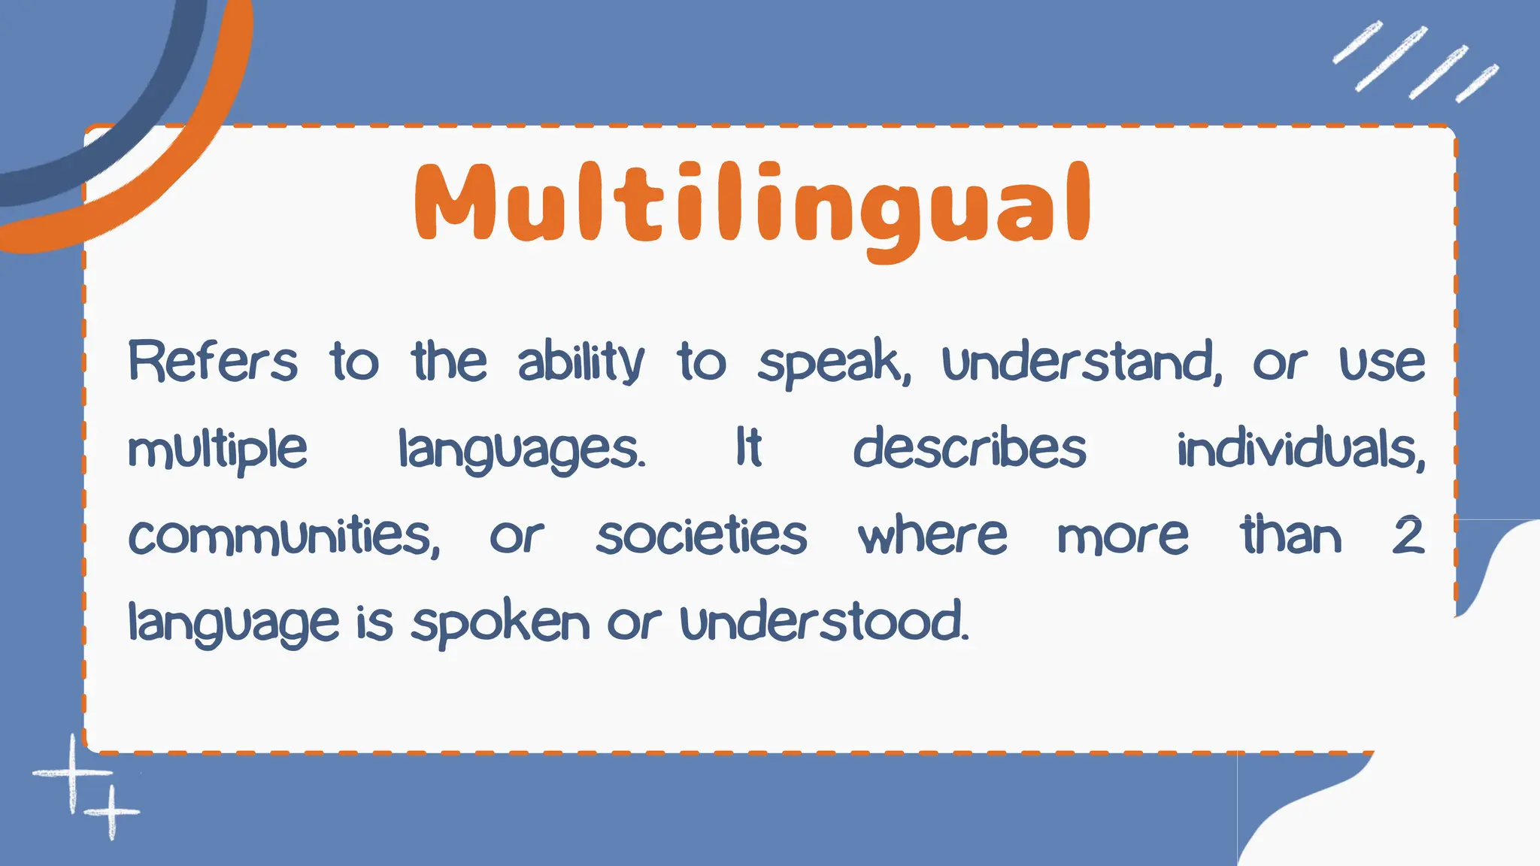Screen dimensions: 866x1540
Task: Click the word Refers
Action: [x=213, y=362]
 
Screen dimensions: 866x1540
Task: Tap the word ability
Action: [x=581, y=362]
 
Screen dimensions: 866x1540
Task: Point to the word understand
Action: [x=1081, y=362]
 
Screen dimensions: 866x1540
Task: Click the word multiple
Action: [x=217, y=450]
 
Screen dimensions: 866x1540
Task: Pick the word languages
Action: [x=521, y=450]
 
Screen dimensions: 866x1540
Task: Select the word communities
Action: [x=283, y=537]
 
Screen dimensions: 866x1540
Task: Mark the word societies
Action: [x=702, y=537]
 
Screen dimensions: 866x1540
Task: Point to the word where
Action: [x=932, y=537]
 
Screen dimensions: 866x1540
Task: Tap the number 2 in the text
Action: [x=1408, y=537]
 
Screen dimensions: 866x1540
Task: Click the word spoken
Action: [x=500, y=623]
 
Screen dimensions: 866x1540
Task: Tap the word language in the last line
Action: [x=233, y=623]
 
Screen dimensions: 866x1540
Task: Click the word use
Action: [x=1382, y=363]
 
